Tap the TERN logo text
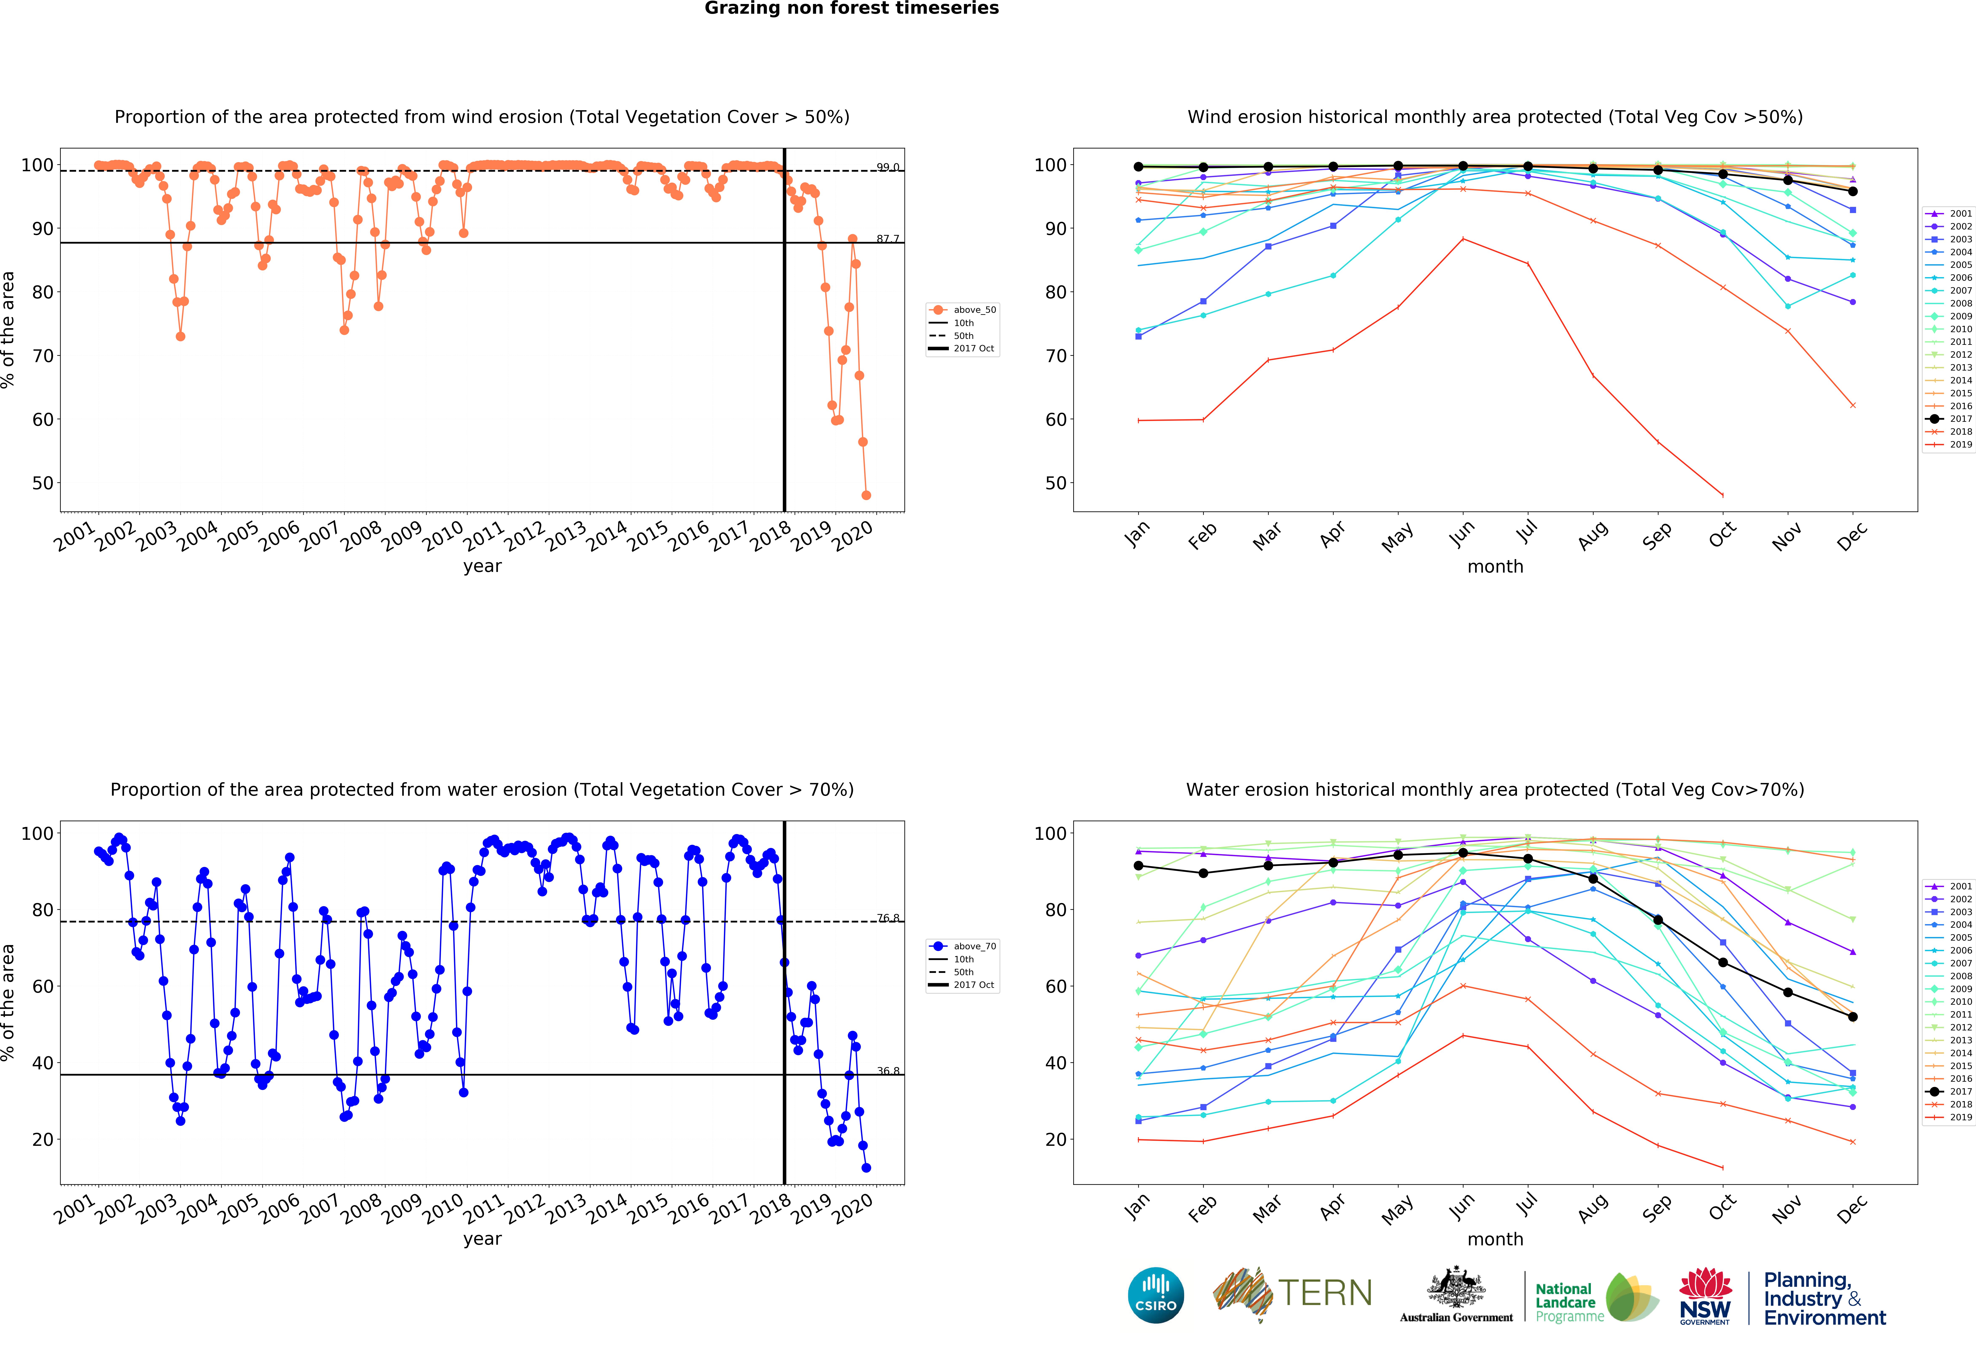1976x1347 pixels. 1325,1293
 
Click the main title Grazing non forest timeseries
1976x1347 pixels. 851,8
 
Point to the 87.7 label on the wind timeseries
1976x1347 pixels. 888,239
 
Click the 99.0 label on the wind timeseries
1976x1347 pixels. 888,167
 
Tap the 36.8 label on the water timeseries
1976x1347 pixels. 888,1071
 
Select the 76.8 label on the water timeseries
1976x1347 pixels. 888,918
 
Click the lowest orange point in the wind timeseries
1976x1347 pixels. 866,495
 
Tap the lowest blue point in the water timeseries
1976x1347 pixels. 866,1168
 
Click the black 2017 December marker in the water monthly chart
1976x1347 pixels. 1853,1017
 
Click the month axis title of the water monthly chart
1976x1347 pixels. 1495,1239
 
